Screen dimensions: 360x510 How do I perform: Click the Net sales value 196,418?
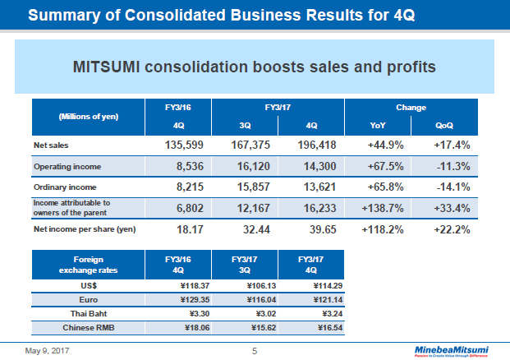click(310, 145)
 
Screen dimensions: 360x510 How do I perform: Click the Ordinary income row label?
click(62, 187)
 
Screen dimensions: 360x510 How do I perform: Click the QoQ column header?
click(444, 126)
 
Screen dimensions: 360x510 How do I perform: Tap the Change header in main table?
click(411, 107)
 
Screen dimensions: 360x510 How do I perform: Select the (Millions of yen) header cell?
click(89, 116)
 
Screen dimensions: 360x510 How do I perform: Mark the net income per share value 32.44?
click(245, 229)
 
